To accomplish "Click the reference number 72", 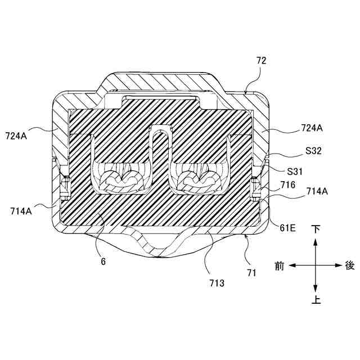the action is point(261,60).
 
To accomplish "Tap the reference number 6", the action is point(103,262).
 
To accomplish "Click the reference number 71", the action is point(251,273).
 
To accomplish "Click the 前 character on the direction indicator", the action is point(279,264).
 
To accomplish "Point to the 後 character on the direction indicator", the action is point(350,264).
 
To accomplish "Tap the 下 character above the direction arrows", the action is point(316,229).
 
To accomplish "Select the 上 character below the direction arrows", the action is point(316,300).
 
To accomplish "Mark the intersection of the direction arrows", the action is point(316,264).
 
